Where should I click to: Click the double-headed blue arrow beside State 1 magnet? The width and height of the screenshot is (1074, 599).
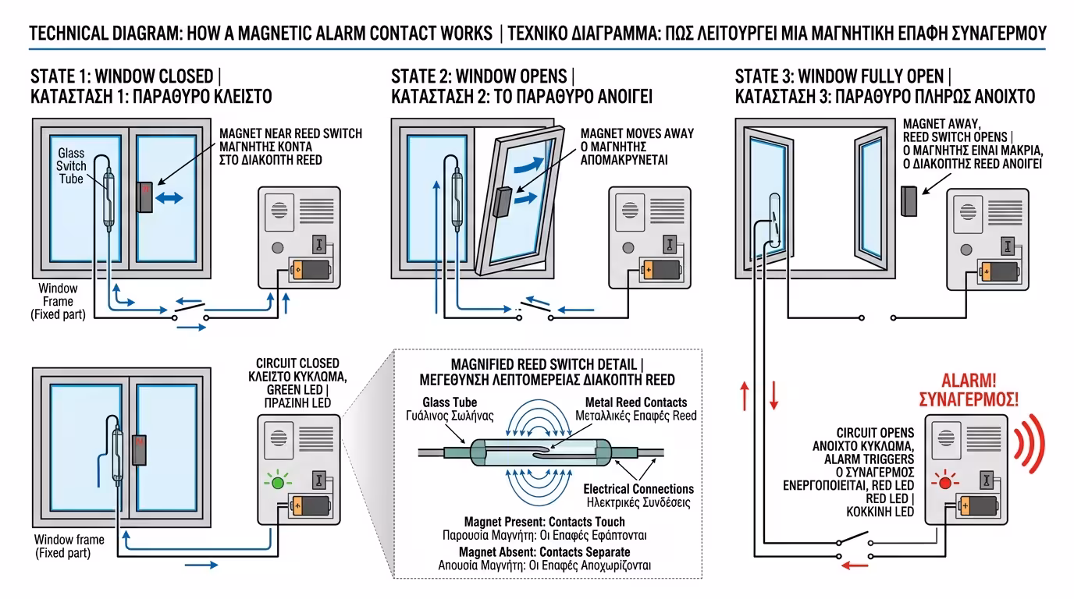click(x=169, y=198)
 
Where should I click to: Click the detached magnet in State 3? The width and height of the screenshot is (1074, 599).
click(x=908, y=202)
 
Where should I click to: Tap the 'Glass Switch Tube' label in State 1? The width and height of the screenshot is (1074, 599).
click(x=71, y=166)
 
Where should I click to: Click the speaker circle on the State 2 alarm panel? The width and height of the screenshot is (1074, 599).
click(x=627, y=211)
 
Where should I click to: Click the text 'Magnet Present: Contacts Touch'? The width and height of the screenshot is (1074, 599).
click(x=544, y=521)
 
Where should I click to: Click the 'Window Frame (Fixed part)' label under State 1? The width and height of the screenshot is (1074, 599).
click(x=59, y=301)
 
